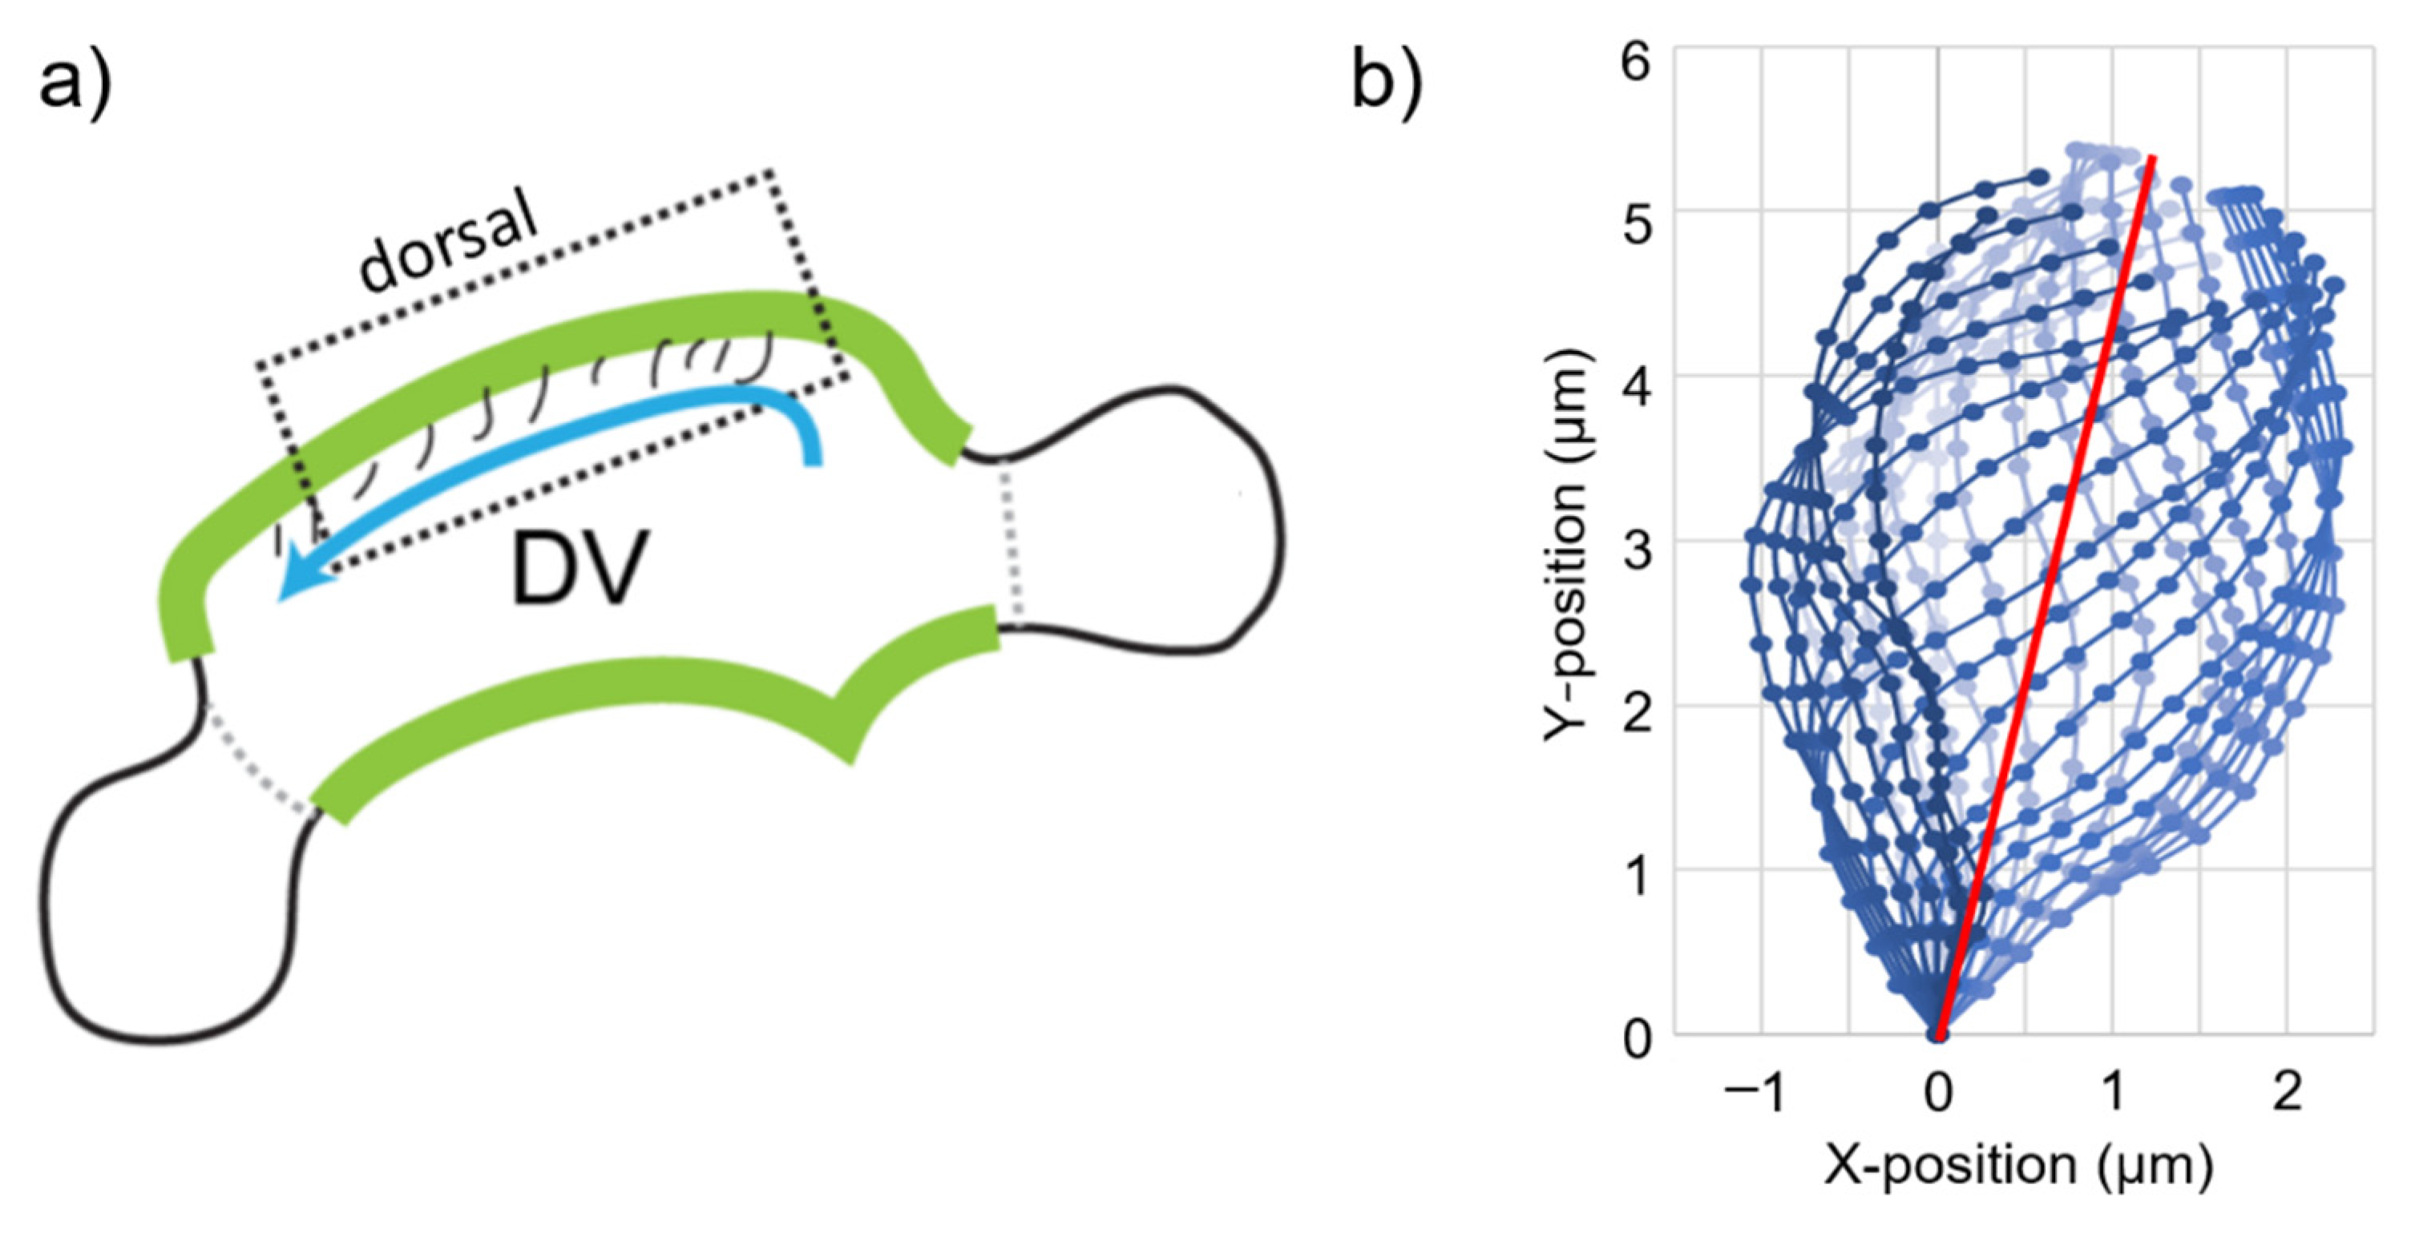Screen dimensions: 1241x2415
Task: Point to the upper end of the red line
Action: click(2153, 159)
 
